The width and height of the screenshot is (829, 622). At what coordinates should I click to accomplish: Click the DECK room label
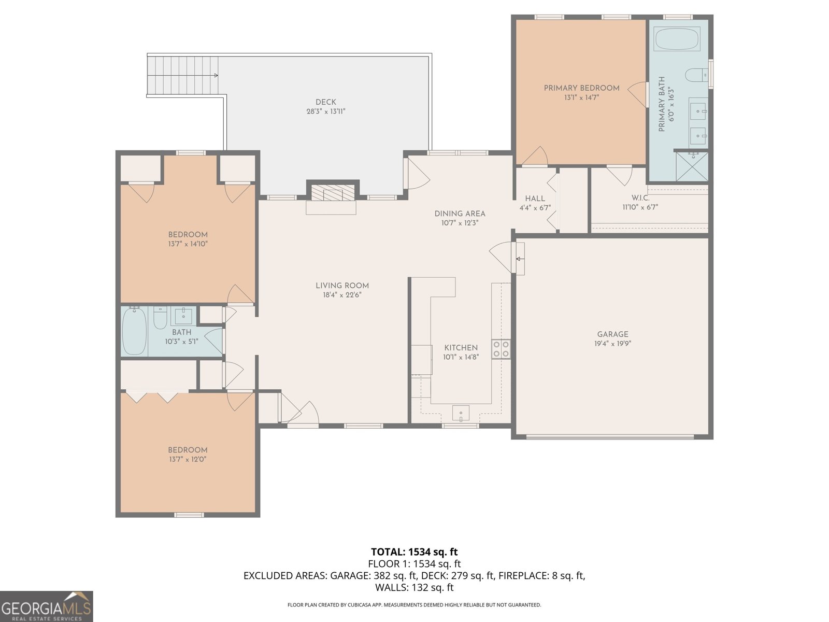click(325, 102)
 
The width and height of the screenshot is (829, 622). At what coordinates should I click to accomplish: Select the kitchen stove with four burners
click(501, 348)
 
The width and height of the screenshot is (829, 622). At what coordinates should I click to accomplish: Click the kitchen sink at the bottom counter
click(461, 413)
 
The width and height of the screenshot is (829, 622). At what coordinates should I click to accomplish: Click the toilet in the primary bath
click(696, 75)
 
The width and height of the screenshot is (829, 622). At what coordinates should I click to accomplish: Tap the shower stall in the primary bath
click(692, 166)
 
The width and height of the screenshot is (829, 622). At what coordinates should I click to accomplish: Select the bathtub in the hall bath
click(134, 332)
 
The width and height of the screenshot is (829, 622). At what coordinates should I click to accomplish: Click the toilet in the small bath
click(160, 318)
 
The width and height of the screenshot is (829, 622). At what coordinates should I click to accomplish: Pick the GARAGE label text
click(612, 334)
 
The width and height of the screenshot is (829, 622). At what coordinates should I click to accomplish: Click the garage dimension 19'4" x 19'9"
click(612, 344)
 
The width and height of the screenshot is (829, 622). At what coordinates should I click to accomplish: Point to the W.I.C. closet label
click(640, 198)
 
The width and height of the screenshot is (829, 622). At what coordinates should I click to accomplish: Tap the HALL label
click(535, 199)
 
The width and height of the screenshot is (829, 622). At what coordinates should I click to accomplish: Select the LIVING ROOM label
click(342, 286)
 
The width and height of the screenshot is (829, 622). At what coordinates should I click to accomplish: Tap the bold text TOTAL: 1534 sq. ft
click(414, 552)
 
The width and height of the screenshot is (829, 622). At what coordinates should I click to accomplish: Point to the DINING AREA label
click(460, 214)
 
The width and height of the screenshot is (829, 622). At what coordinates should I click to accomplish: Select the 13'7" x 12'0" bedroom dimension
click(188, 459)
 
